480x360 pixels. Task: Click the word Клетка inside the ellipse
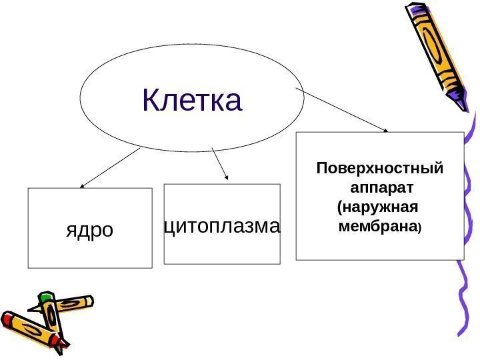coord(192,100)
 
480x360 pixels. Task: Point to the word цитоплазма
coord(222,226)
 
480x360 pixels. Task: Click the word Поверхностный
coord(379,167)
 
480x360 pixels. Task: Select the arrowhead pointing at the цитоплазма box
coord(227,178)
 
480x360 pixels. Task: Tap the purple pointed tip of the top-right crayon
coord(461,106)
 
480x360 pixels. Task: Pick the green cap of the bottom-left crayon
coord(46,297)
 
